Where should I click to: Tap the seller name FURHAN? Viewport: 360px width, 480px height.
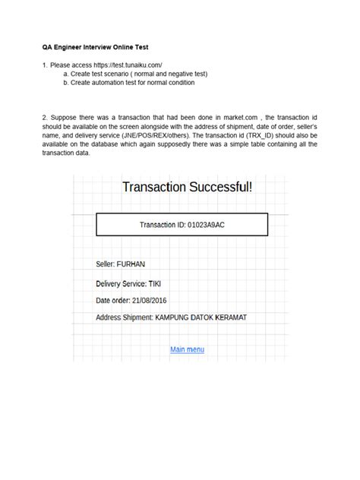tap(130, 264)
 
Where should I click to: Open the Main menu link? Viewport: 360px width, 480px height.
tap(187, 349)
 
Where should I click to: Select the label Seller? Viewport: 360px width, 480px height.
tap(106, 264)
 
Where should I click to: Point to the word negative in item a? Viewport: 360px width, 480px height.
tap(179, 74)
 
